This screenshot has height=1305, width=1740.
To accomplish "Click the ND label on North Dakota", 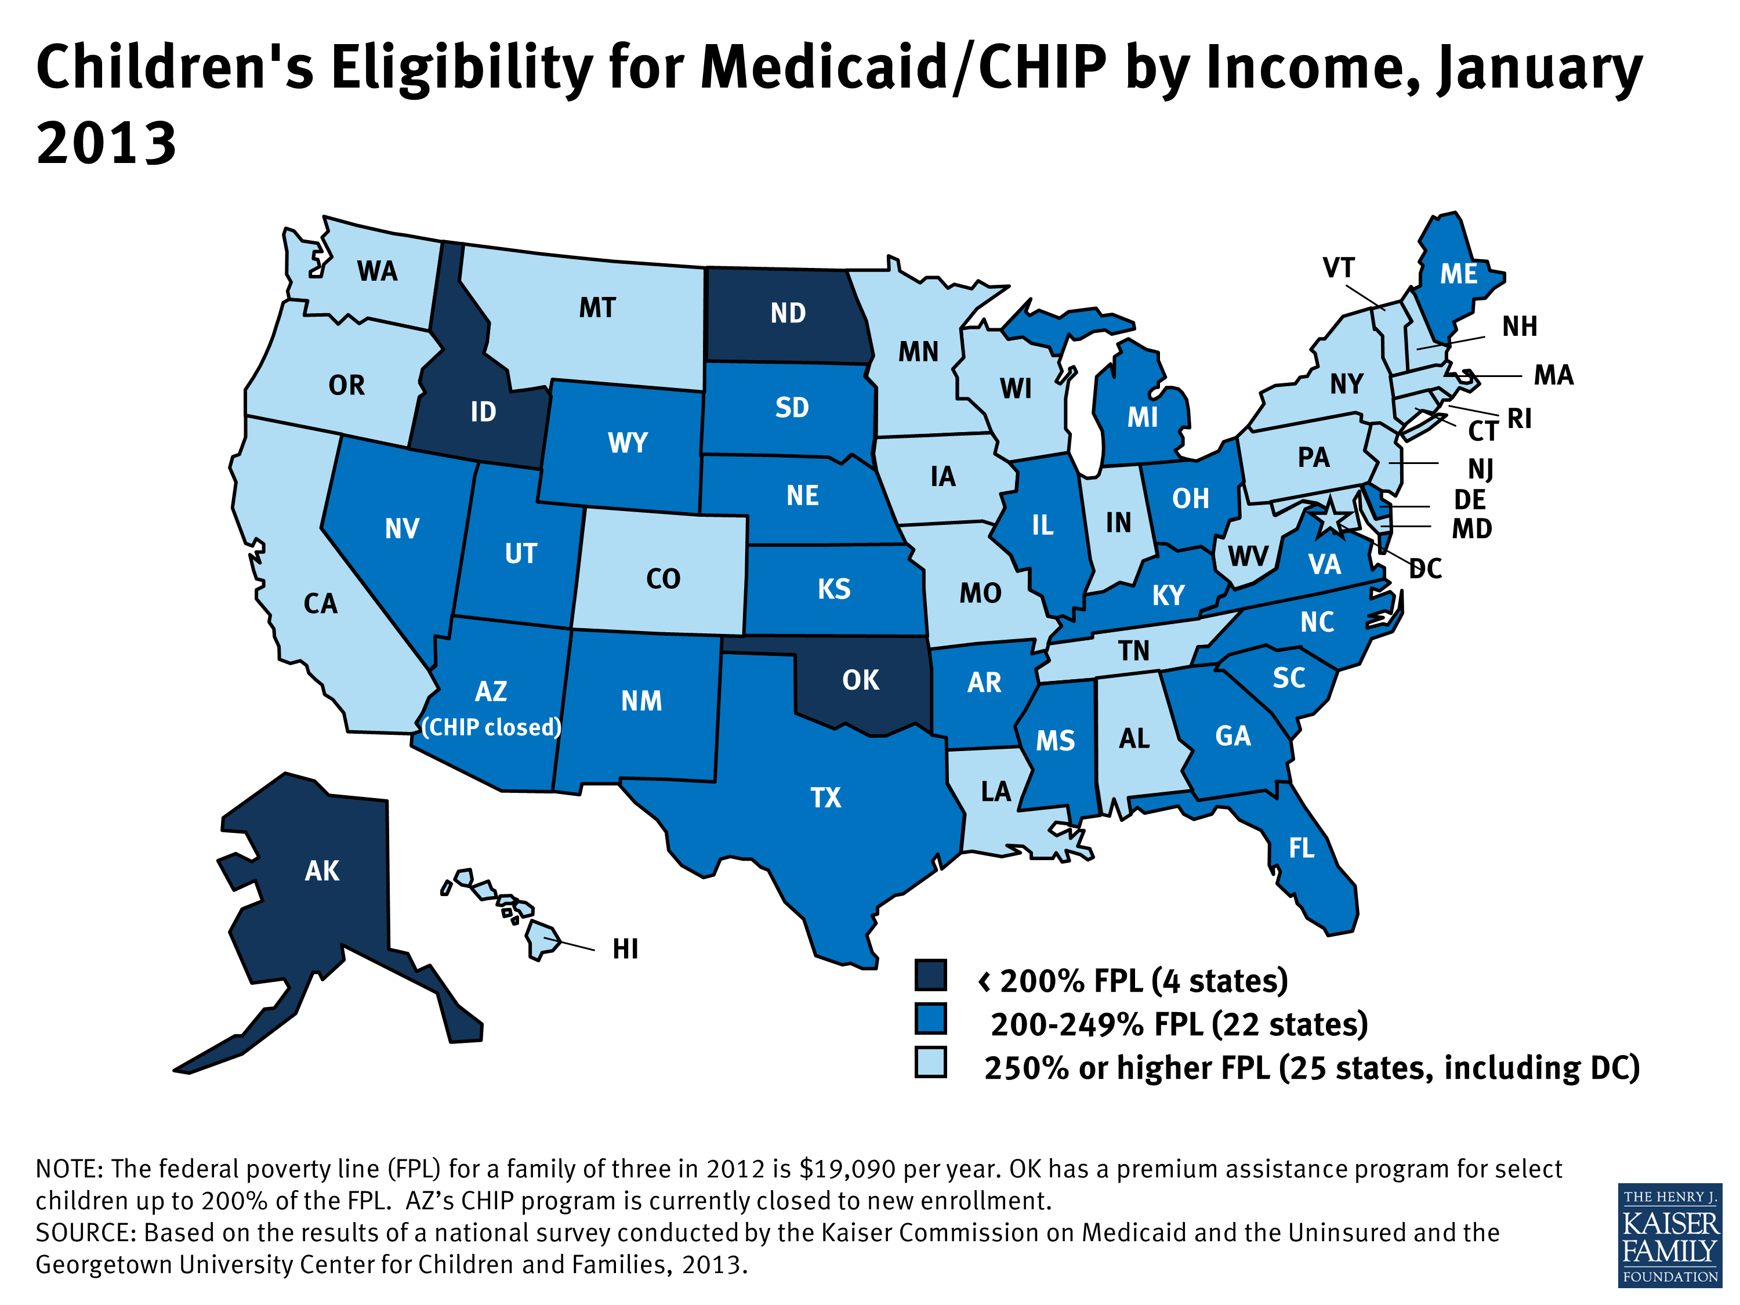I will (x=788, y=313).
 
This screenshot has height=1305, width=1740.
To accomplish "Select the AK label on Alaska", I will (x=322, y=871).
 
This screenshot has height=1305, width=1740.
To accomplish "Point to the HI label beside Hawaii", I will (x=625, y=949).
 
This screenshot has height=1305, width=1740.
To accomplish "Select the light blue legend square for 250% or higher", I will (x=930, y=1062).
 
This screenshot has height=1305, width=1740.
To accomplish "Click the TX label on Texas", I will (x=826, y=797).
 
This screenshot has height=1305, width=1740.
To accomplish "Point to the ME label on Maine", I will (x=1458, y=274).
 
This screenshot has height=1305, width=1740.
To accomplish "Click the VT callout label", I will (x=1338, y=268).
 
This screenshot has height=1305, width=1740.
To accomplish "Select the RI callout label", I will (x=1519, y=419).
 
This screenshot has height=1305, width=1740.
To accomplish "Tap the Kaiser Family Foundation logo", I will (x=1670, y=1235).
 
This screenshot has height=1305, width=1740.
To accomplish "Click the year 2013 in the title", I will (x=106, y=144).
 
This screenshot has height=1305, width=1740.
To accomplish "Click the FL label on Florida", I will (x=1301, y=848).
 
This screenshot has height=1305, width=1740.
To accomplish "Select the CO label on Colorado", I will (x=662, y=579).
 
